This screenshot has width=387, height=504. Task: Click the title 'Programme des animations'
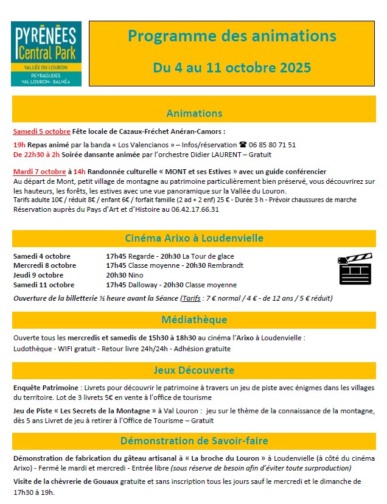(x=232, y=36)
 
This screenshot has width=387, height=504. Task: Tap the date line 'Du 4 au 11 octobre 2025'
(x=232, y=66)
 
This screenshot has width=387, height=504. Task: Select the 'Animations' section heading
(x=194, y=113)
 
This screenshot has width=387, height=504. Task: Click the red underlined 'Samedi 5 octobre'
(x=42, y=131)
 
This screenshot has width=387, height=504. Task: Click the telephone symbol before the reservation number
(x=243, y=145)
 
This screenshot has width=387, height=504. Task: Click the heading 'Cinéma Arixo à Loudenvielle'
(x=194, y=238)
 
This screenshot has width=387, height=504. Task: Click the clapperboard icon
(x=354, y=268)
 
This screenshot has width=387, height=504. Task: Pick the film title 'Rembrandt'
(x=227, y=265)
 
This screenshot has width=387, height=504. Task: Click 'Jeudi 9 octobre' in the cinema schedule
(x=38, y=275)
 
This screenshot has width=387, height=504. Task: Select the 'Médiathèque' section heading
(x=194, y=320)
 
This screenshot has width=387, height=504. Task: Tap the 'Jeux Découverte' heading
(x=194, y=370)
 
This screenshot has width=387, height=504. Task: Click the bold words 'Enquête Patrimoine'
(x=46, y=388)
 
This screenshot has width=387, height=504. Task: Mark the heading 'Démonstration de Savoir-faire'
(x=194, y=441)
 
